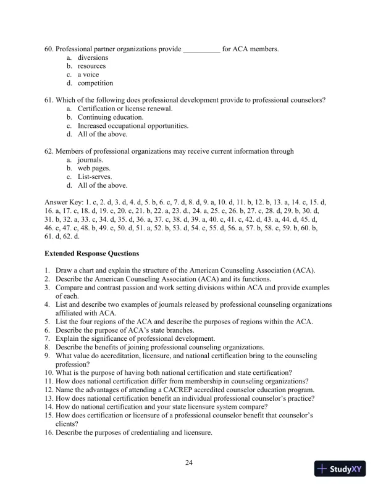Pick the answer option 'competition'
coord(96,83)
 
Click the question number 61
coord(49,100)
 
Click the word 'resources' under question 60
coord(91,66)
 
